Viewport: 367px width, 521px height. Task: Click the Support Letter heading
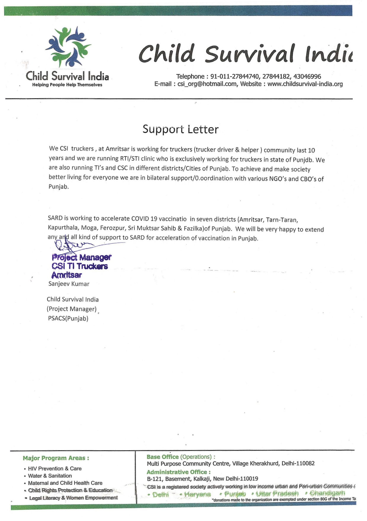[180, 129]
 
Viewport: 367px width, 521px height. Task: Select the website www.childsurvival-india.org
[305, 84]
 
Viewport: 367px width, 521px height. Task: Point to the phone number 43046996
[307, 77]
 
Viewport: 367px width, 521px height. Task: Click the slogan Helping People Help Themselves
[67, 85]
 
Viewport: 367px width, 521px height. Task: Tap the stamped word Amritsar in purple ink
[66, 275]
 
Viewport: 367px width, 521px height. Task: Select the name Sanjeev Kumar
[69, 284]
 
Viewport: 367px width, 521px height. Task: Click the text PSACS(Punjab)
[68, 319]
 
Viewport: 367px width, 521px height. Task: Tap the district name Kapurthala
[63, 228]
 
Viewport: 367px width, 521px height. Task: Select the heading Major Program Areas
[56, 458]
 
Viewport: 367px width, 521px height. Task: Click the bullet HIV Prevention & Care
[54, 469]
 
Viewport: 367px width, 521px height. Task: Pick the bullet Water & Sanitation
[50, 476]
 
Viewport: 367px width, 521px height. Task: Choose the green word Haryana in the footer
[197, 494]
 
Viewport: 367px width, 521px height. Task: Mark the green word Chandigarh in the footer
[327, 493]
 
